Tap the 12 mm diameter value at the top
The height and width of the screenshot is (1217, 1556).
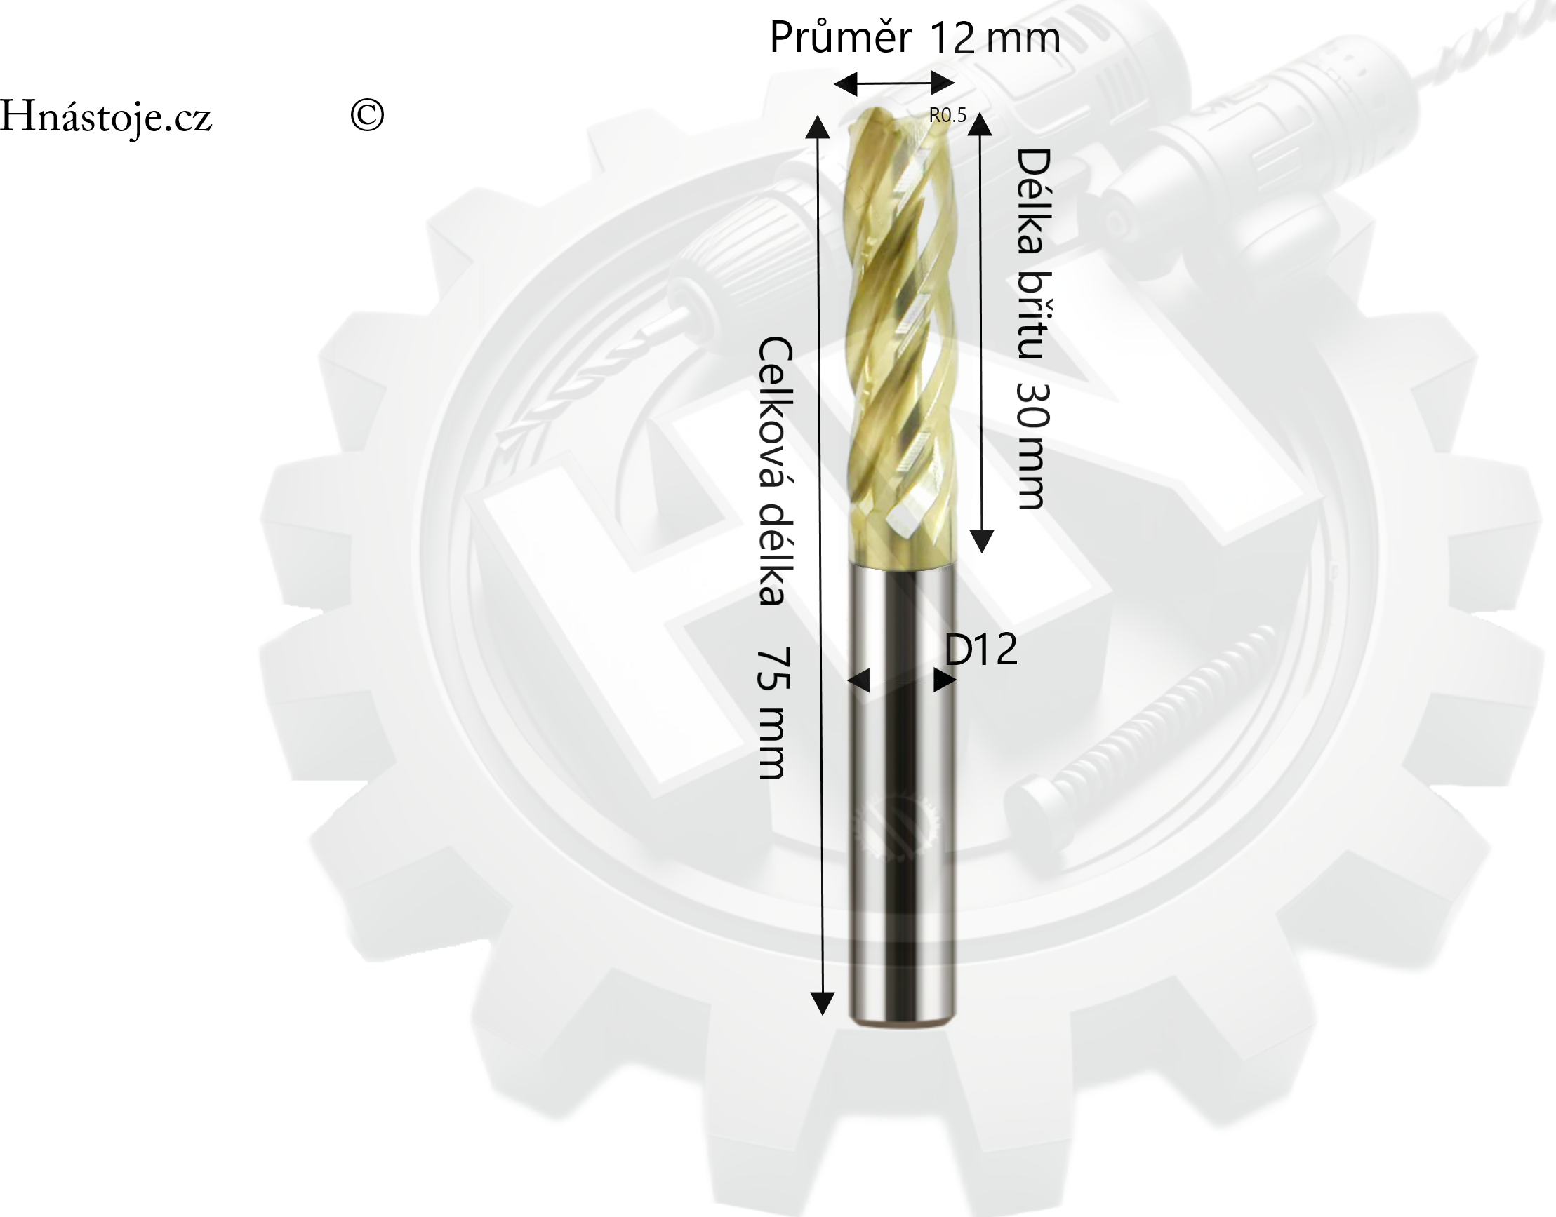(x=995, y=39)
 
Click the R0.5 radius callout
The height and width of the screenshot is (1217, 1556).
(x=947, y=116)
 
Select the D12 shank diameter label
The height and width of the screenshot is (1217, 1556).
(x=980, y=648)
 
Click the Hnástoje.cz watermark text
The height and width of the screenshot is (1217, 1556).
(x=105, y=117)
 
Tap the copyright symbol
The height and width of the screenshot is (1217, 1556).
(x=367, y=115)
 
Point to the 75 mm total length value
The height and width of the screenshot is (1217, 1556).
(x=773, y=713)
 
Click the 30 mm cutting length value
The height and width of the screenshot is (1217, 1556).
(x=1032, y=446)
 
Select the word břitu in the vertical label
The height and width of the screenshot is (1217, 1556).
(x=1034, y=315)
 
